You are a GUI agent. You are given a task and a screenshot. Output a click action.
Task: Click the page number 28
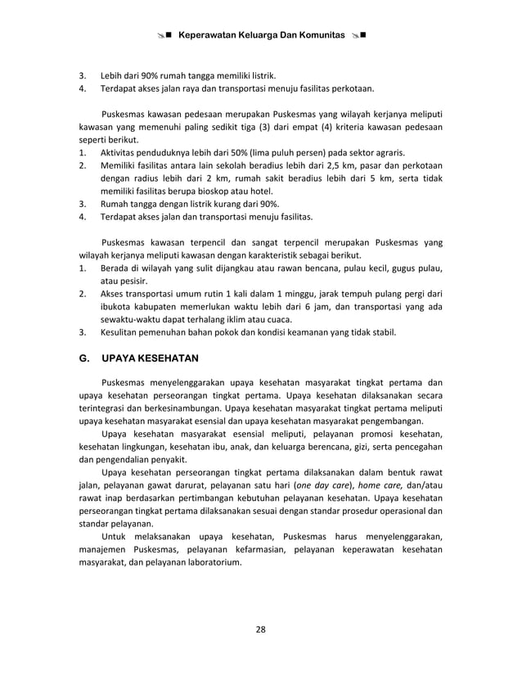pyautogui.click(x=261, y=629)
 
